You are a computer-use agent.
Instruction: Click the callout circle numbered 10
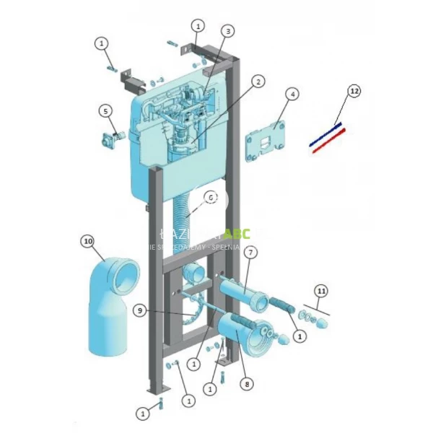tap(87, 240)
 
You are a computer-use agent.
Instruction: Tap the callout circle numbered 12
tap(354, 92)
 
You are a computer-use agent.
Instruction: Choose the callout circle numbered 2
tap(258, 82)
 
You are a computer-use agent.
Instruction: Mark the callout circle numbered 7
tap(250, 253)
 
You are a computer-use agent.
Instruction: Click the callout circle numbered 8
tap(248, 385)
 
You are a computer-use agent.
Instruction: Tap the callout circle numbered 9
tap(141, 310)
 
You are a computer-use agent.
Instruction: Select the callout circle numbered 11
tap(321, 291)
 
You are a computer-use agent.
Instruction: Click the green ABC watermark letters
tap(237, 234)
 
